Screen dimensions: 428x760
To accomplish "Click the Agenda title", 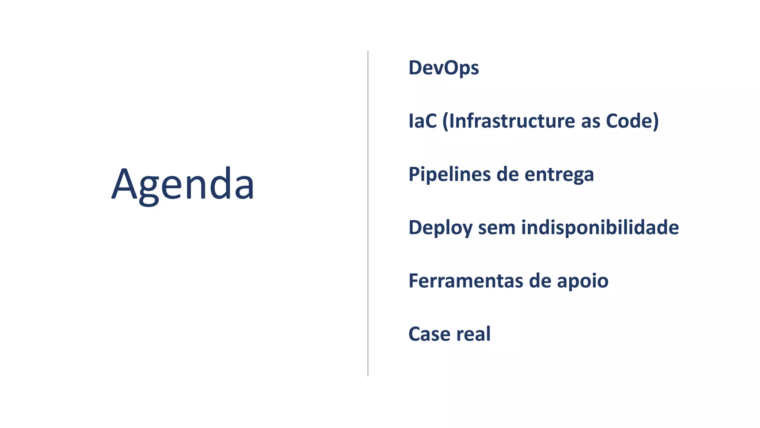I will coord(183,185).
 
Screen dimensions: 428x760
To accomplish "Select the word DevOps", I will coord(443,68).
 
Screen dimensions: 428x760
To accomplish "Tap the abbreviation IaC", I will coord(422,121).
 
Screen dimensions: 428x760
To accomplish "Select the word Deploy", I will coord(440,228).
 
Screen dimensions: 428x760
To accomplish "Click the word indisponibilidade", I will coord(600,228).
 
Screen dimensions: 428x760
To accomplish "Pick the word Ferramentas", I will coord(466,281).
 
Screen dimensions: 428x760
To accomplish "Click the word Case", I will coord(429,334).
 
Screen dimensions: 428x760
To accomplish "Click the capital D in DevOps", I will coord(416,68).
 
